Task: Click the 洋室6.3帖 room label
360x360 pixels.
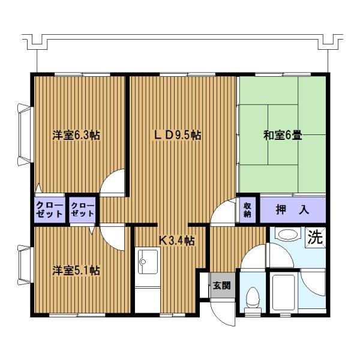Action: pos(76,135)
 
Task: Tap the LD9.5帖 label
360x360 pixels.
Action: pos(178,135)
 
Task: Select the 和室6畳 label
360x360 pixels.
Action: pos(282,135)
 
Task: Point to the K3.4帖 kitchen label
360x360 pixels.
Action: pos(176,241)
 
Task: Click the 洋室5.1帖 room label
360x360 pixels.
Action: pos(76,270)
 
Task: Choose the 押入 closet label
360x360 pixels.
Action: pos(292,210)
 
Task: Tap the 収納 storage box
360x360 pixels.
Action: pos(247,210)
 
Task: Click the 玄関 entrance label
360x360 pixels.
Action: pos(221,286)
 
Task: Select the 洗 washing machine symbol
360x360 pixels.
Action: pos(316,236)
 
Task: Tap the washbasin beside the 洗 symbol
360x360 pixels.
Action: pos(288,235)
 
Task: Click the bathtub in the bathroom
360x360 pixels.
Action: pos(283,294)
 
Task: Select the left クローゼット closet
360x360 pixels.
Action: pos(49,210)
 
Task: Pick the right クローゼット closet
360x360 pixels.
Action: pos(82,210)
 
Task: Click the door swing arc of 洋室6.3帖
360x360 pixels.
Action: pos(113,183)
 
